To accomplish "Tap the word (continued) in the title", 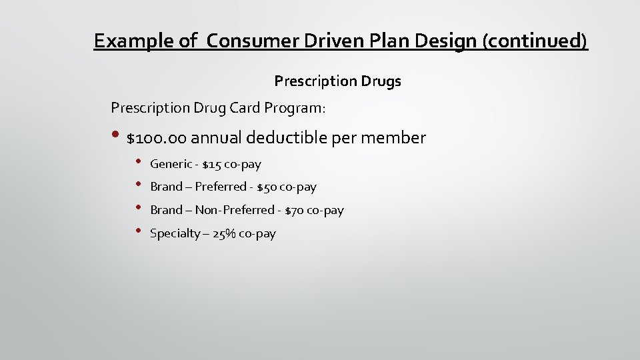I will (x=537, y=41).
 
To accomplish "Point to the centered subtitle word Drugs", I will (x=381, y=81).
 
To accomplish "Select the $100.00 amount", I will (x=157, y=138).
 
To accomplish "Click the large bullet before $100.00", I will (x=115, y=136).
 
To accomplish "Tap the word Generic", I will (x=171, y=164).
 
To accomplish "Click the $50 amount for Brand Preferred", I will (x=267, y=187).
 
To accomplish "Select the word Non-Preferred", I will (x=235, y=210).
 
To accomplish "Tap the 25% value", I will (x=223, y=233).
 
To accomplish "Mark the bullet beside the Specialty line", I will (x=138, y=231).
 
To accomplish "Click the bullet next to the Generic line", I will (x=138, y=161).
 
